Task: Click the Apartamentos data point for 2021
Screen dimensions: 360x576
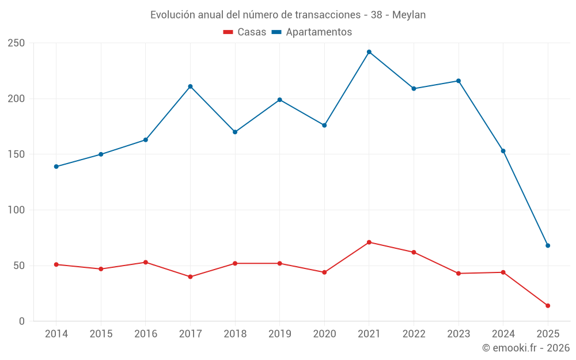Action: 369,52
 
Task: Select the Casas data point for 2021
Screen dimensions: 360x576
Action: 369,242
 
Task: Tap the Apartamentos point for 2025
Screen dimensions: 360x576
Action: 548,245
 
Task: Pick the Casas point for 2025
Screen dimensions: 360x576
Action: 548,306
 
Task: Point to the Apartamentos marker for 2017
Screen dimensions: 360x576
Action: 190,86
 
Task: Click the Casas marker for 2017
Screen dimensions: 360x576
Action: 190,277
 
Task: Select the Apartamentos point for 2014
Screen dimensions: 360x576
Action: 56,166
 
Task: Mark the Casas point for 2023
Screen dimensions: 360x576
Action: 458,274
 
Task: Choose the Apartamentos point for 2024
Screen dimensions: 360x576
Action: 503,151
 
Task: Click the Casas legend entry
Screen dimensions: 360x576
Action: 245,32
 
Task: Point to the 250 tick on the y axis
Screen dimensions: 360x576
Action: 16,43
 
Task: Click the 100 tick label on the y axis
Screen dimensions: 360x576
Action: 16,210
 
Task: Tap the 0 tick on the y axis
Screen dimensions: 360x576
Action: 21,321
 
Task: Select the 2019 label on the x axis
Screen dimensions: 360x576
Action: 280,334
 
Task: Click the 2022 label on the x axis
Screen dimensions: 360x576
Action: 414,334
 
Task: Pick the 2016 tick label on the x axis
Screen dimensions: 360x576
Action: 145,334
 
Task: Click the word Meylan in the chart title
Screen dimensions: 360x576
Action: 409,15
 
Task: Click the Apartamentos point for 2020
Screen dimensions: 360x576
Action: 324,125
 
